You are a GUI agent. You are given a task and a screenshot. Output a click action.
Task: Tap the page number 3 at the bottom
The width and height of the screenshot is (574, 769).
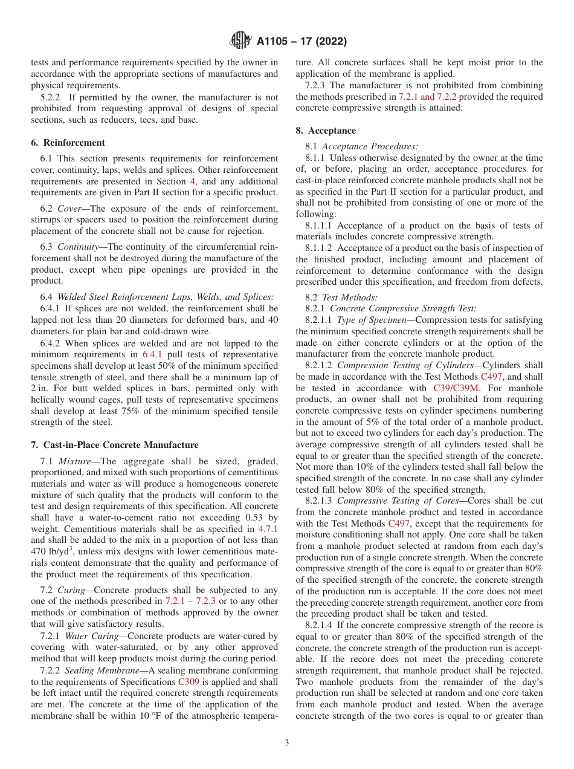pyautogui.click(x=287, y=742)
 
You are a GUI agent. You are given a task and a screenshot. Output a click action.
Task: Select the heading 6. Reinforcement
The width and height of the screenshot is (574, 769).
pyautogui.click(x=68, y=143)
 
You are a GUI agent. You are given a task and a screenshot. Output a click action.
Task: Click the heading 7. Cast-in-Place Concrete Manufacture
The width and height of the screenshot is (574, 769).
pyautogui.click(x=114, y=445)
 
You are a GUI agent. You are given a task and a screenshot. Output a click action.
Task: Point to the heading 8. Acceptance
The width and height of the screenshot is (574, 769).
pyautogui.click(x=326, y=131)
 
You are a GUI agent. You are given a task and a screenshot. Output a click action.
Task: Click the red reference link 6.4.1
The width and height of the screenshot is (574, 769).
pyautogui.click(x=153, y=354)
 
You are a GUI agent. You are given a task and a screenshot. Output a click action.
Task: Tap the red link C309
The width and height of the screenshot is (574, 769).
pyautogui.click(x=189, y=681)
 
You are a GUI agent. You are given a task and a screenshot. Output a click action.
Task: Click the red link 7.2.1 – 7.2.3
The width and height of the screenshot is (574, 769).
pyautogui.click(x=190, y=601)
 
